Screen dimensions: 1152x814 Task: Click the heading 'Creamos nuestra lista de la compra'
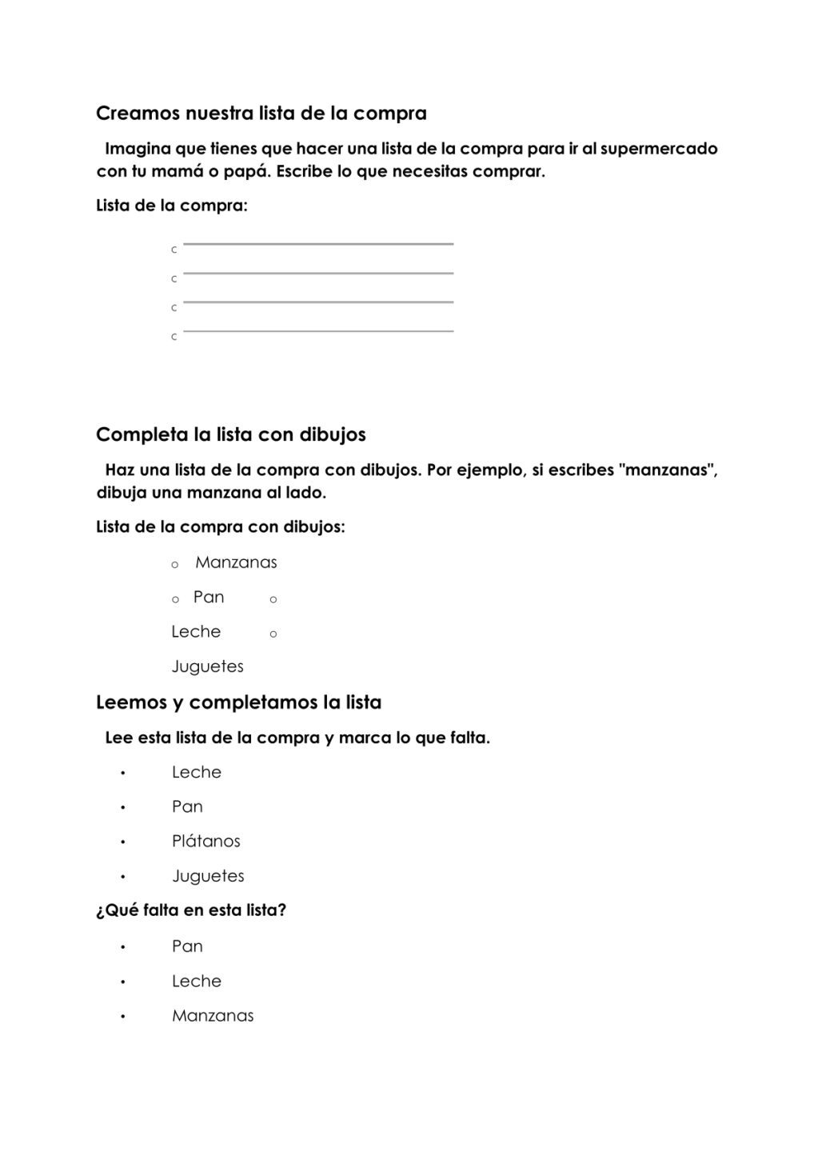point(261,114)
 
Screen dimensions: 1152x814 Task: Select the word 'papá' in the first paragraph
point(245,171)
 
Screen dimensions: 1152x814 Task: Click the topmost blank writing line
point(318,243)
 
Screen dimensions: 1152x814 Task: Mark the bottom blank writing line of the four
point(318,330)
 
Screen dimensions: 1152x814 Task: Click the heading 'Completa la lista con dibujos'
point(230,434)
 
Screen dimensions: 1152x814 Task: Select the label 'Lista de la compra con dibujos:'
point(220,527)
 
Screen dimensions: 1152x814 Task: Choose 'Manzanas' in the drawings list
point(236,562)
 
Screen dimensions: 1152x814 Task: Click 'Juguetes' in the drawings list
point(207,666)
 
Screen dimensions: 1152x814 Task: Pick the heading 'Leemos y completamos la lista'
point(238,702)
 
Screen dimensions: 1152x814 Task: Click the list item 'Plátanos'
point(205,841)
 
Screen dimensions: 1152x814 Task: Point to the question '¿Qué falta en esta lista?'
point(190,910)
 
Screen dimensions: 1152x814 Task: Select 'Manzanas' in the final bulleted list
point(213,1016)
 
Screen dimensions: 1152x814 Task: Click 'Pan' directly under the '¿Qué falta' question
point(187,946)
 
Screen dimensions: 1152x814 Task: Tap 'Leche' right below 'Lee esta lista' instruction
point(196,772)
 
